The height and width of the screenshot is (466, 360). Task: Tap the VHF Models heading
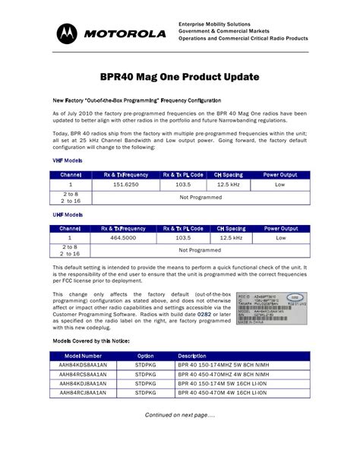tap(68, 161)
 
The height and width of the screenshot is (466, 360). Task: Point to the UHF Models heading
tap(68, 215)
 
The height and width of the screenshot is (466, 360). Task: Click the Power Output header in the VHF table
tap(279, 174)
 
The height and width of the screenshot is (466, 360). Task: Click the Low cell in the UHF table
tap(279, 238)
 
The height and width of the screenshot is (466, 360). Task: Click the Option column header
tap(145, 356)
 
